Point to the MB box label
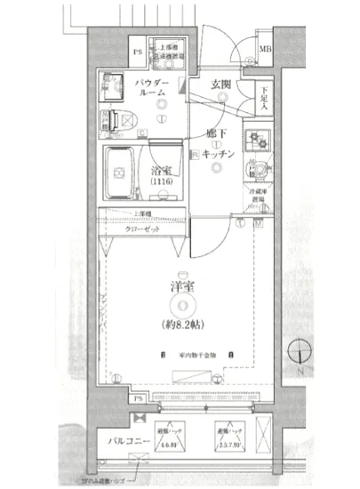pos(266,51)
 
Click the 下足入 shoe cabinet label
pos(265,94)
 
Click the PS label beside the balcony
pos(139,399)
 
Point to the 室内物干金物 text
pos(188,353)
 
